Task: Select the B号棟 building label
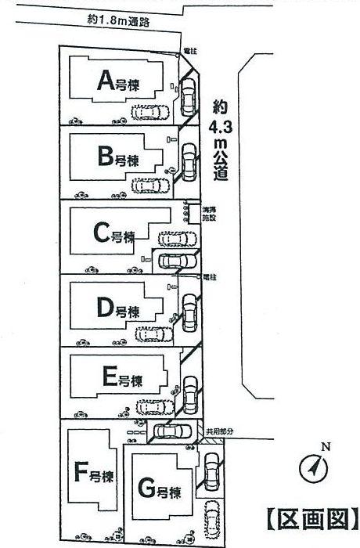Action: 118,158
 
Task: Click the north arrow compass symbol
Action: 312,468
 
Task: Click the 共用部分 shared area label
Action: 218,431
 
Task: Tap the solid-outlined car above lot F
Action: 171,431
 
